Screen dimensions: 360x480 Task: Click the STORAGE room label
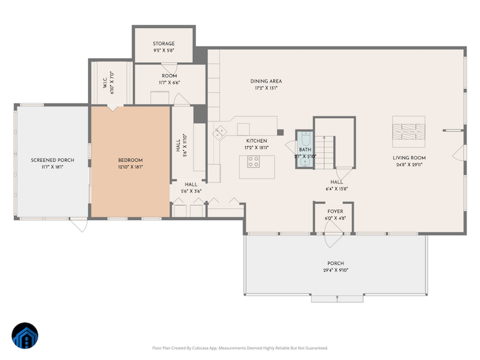click(x=163, y=44)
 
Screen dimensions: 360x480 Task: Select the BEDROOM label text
click(x=131, y=160)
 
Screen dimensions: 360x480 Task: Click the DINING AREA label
click(x=266, y=81)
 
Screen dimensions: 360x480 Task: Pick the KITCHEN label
click(x=255, y=141)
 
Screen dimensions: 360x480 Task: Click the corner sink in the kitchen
click(x=219, y=131)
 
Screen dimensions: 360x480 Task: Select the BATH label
click(x=305, y=150)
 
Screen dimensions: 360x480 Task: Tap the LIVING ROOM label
click(x=409, y=158)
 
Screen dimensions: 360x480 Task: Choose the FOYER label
click(x=335, y=211)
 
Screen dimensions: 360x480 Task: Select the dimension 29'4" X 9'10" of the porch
click(x=336, y=270)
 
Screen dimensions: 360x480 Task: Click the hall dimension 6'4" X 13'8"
click(x=337, y=189)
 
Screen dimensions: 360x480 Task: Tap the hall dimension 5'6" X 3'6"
click(x=191, y=191)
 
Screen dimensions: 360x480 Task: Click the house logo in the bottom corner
click(x=25, y=336)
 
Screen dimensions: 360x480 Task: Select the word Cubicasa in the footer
click(x=211, y=348)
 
